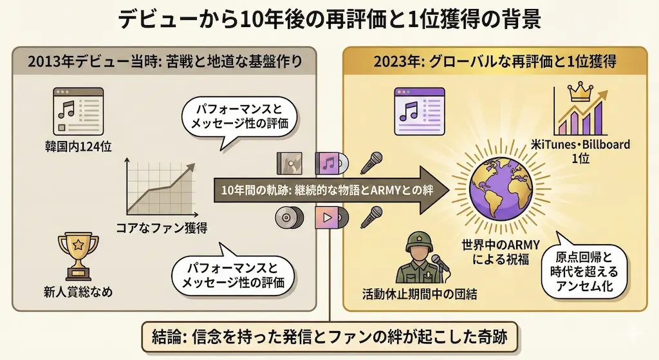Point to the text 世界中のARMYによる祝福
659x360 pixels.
pos(500,252)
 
